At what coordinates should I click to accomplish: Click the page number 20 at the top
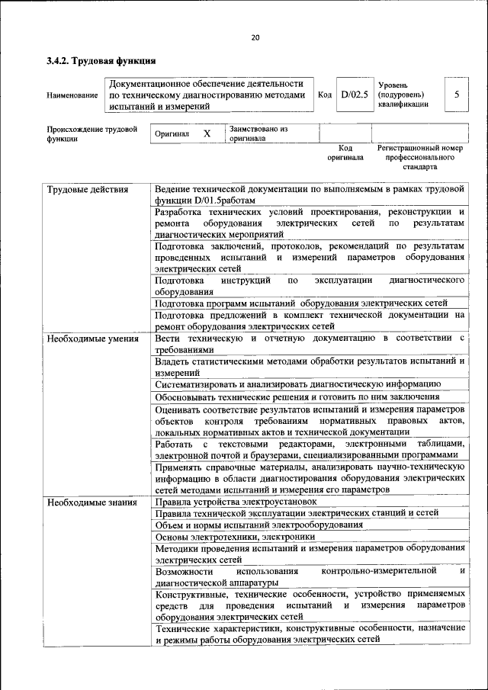tap(255, 38)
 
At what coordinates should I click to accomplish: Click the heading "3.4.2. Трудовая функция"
tap(101, 59)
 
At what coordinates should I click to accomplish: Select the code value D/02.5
tap(355, 95)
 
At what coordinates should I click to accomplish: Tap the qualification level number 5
tap(456, 95)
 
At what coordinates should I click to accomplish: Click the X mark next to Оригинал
tap(206, 133)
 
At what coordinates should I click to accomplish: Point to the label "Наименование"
tap(72, 95)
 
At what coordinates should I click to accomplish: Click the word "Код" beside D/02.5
tap(325, 95)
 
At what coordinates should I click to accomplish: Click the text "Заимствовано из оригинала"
tap(258, 134)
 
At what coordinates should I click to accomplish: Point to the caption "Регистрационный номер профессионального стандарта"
tap(420, 156)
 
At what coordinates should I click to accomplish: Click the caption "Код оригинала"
tap(345, 152)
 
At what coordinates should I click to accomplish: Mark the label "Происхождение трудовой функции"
tap(91, 134)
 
